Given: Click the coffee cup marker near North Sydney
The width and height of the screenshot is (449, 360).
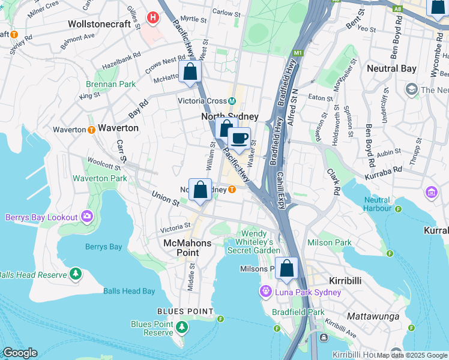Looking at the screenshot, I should click(239, 139).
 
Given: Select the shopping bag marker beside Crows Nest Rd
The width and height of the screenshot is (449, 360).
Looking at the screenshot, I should click(190, 73).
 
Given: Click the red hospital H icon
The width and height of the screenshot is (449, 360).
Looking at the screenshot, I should click(154, 18).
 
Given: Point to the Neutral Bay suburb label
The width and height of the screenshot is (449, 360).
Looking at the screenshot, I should click(391, 68).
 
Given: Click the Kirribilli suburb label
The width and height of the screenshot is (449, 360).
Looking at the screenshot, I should click(348, 281).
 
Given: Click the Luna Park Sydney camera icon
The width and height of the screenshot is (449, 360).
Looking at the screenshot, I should click(265, 292).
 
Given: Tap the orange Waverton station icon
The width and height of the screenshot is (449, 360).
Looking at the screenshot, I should click(91, 129).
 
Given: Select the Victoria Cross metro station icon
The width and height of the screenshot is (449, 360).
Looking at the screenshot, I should click(232, 101).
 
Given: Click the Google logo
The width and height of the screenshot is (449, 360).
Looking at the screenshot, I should click(20, 353).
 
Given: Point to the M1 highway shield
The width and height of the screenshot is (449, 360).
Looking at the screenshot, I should click(298, 53).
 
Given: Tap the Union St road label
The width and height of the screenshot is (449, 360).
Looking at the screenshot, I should click(166, 198).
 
